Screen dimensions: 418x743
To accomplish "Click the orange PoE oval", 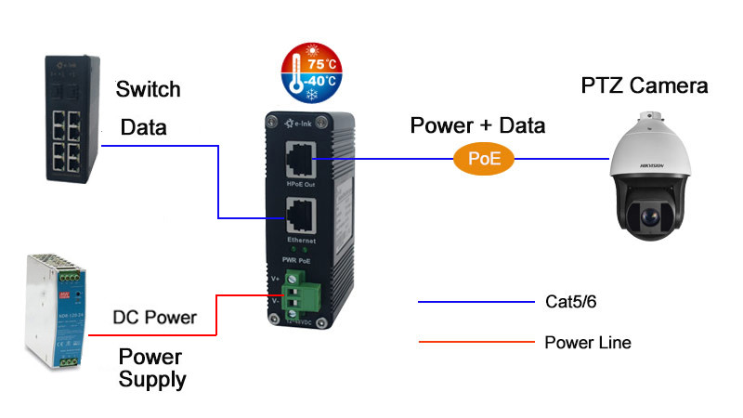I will [x=483, y=159].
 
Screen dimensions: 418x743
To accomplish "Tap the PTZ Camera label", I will [x=645, y=86].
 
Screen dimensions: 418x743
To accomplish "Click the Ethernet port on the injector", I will [x=299, y=217].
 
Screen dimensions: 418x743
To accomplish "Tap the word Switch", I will [x=148, y=90].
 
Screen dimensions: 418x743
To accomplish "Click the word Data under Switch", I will [x=144, y=128].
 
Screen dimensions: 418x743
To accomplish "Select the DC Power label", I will [x=154, y=318].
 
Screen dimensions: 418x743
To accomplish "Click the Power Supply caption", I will [x=152, y=368].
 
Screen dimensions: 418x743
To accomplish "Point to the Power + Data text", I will [x=478, y=125].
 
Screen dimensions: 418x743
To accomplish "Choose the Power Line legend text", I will [x=587, y=343].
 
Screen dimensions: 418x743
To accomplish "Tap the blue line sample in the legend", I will [x=476, y=301].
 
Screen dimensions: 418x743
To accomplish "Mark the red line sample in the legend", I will [x=476, y=343].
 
